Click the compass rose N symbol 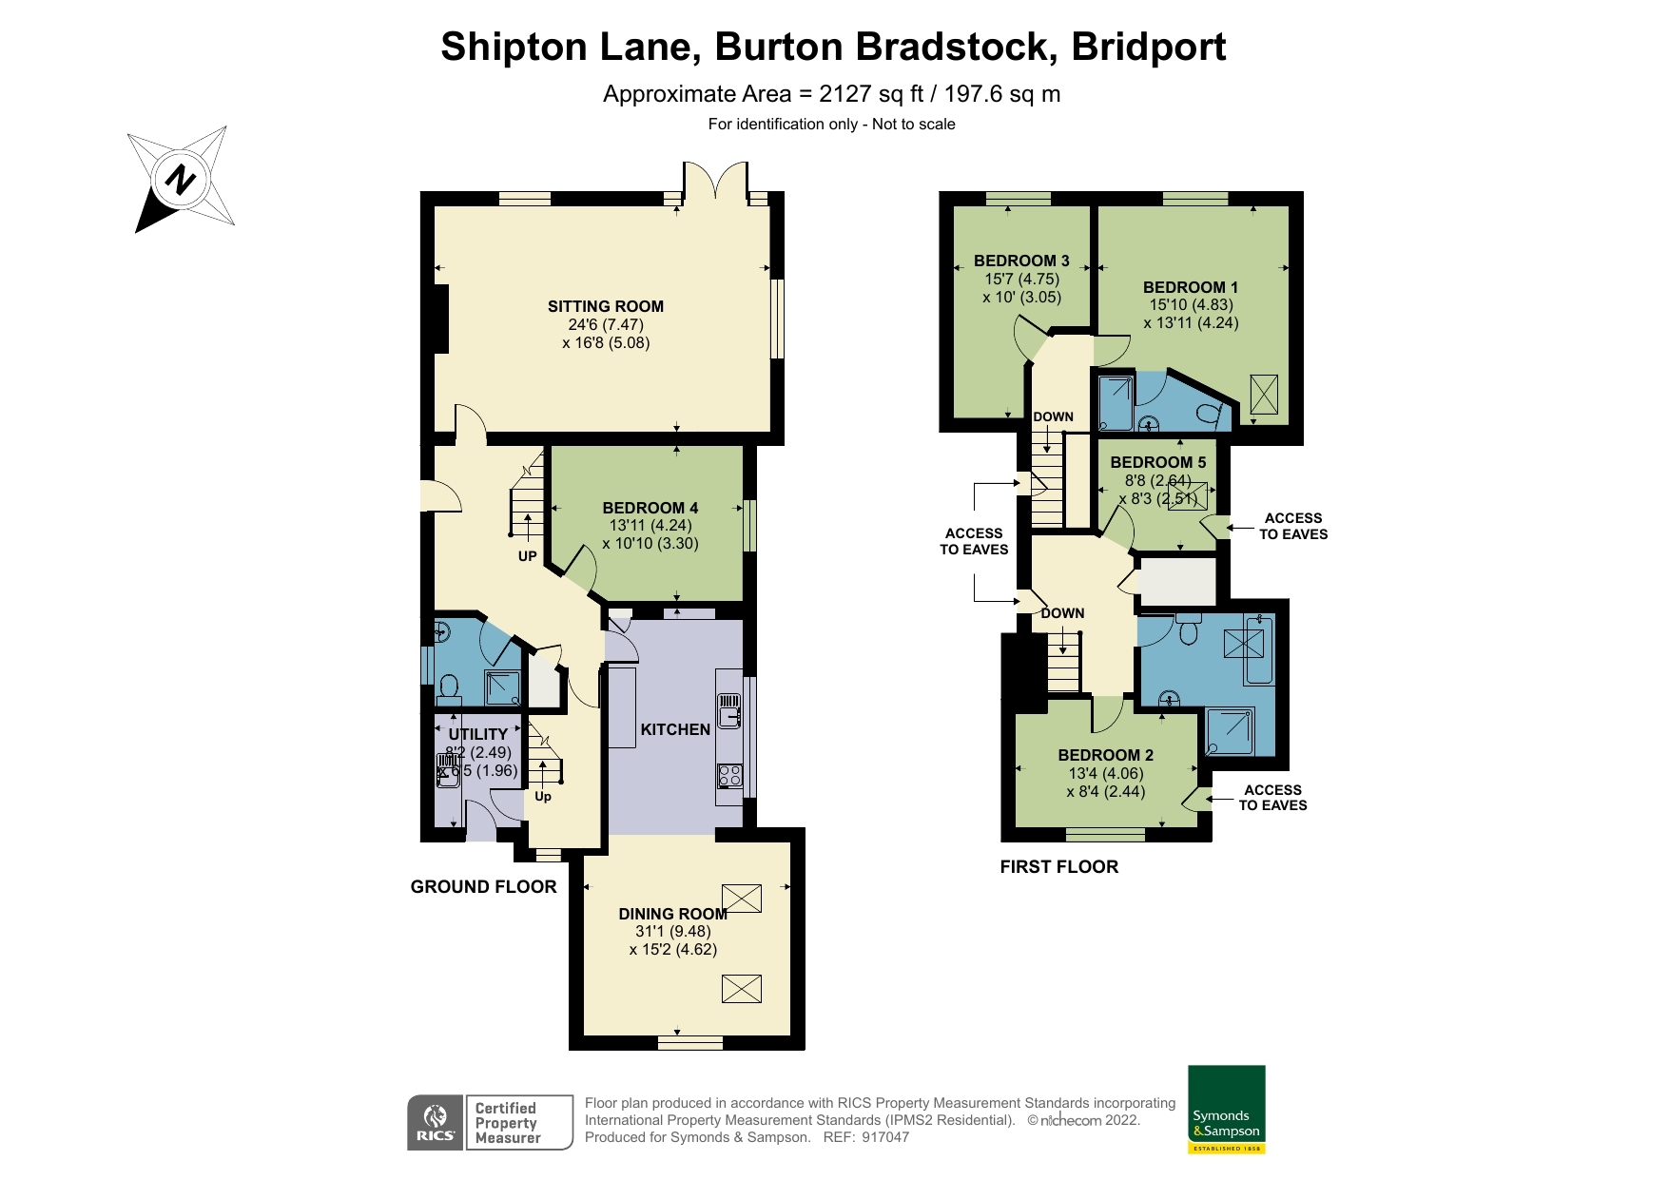pyautogui.click(x=180, y=179)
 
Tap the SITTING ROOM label pyautogui.click(x=605, y=306)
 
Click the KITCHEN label pyautogui.click(x=675, y=729)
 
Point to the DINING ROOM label pyautogui.click(x=672, y=914)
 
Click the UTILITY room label pyautogui.click(x=477, y=734)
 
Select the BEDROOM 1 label pyautogui.click(x=1191, y=287)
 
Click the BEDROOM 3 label pyautogui.click(x=1021, y=261)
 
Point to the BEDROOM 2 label pyautogui.click(x=1105, y=755)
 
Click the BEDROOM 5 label pyautogui.click(x=1157, y=462)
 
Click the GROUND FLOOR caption pyautogui.click(x=483, y=886)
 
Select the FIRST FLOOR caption pyautogui.click(x=1058, y=866)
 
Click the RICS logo pyautogui.click(x=435, y=1122)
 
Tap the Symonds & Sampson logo pyautogui.click(x=1227, y=1109)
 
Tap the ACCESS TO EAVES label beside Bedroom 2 pyautogui.click(x=1272, y=797)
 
